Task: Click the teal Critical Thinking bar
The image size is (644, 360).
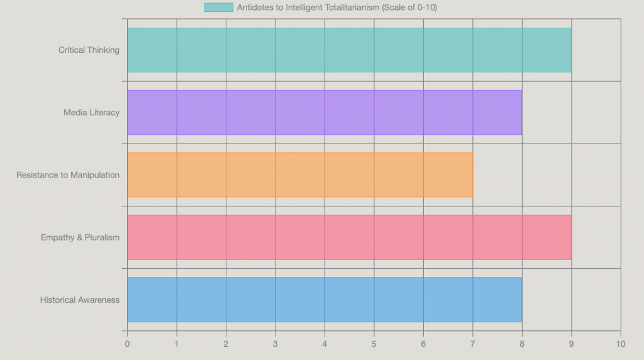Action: [349, 50]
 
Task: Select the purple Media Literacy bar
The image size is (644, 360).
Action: [325, 112]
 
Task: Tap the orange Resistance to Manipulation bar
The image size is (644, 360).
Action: [300, 174]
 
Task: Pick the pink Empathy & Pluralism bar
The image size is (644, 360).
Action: [349, 237]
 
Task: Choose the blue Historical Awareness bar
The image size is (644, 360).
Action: [325, 300]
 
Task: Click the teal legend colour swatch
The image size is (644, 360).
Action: [218, 8]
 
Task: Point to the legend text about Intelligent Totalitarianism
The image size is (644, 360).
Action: [336, 8]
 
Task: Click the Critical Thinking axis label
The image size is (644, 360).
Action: [89, 50]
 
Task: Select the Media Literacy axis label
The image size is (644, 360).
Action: [91, 112]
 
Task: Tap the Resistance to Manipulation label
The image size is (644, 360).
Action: [68, 174]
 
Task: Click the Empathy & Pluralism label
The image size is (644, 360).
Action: [80, 237]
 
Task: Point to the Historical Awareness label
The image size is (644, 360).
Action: [80, 300]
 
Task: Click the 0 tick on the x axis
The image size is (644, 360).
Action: [127, 344]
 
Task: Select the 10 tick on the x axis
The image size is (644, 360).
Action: [621, 344]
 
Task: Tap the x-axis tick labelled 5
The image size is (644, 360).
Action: [374, 344]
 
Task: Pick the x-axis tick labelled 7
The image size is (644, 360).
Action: [473, 344]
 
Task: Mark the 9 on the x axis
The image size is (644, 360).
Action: [572, 344]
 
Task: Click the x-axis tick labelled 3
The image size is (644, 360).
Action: [275, 344]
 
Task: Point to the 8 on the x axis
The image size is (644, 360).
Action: [522, 344]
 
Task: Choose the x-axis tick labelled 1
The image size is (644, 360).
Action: [177, 344]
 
